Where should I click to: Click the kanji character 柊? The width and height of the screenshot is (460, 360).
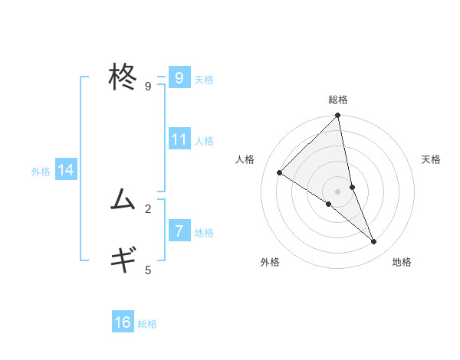(124, 77)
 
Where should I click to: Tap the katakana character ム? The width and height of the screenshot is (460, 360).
(124, 201)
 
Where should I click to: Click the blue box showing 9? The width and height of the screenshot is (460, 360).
(179, 77)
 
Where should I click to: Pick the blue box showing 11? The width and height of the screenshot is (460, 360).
(179, 139)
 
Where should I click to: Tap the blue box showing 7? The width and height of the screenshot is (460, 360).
(179, 231)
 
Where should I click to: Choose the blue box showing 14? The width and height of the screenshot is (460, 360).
(66, 170)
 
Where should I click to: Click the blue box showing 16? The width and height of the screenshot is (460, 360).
(123, 322)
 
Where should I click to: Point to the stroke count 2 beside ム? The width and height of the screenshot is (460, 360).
(148, 208)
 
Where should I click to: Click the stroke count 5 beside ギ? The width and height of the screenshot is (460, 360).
(148, 270)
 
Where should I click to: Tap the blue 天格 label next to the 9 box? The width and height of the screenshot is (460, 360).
(204, 79)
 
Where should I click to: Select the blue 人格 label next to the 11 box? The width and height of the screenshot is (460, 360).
(204, 141)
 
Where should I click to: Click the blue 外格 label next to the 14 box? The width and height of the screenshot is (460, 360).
(41, 172)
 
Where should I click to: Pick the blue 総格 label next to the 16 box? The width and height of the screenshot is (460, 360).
(147, 324)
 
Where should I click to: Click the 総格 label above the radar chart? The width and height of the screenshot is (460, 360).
(338, 100)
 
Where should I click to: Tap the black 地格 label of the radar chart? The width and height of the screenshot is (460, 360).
(402, 263)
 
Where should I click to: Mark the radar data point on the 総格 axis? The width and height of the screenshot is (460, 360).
(338, 116)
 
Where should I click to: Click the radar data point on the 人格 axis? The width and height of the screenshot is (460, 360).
(280, 172)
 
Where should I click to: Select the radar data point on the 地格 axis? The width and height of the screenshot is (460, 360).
(374, 242)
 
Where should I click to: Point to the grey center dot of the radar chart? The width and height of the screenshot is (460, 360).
(338, 191)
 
